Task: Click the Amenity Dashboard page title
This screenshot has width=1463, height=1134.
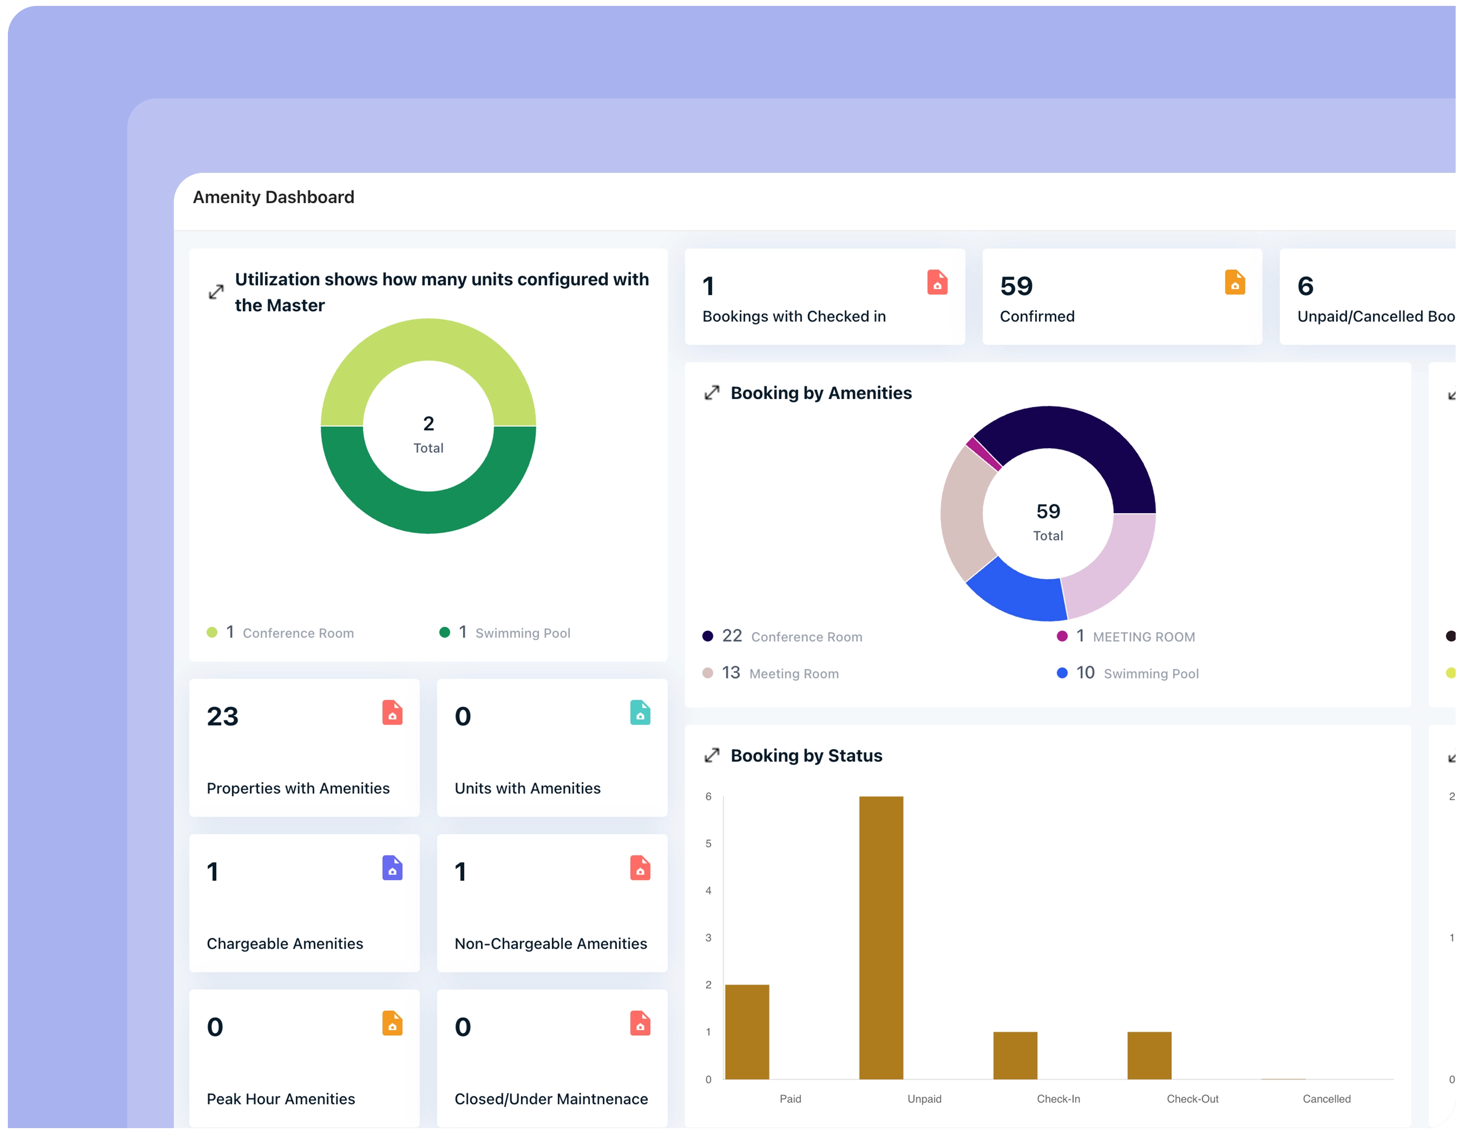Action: [273, 197]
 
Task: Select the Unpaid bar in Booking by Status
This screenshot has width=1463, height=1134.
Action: [881, 938]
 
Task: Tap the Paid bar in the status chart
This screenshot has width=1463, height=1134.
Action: [747, 1032]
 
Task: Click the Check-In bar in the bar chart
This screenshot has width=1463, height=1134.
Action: [1015, 1055]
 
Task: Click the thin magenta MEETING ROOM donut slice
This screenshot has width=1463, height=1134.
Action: [983, 453]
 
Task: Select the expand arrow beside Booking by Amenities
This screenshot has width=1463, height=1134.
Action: [711, 393]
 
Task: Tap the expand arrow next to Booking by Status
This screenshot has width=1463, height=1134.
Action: [711, 756]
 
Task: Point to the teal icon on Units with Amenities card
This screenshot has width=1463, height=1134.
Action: [640, 713]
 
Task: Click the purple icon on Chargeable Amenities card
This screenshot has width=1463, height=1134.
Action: [392, 868]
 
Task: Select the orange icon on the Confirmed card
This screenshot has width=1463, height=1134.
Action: [1234, 283]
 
